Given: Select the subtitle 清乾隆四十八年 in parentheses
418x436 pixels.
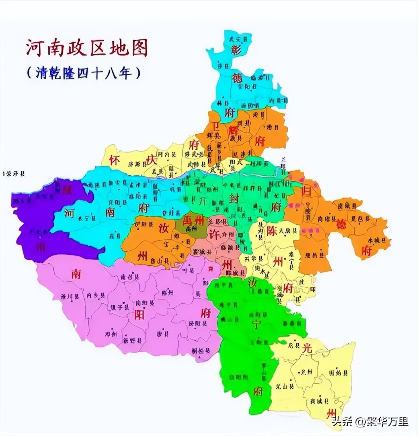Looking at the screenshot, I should [83, 73].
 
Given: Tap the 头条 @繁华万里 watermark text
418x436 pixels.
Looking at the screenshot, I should [370, 421].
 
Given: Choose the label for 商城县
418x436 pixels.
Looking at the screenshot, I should [319, 401].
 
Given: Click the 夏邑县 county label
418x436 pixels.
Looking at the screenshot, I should [359, 218].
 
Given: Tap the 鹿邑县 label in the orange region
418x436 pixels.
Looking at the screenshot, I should [315, 255].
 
